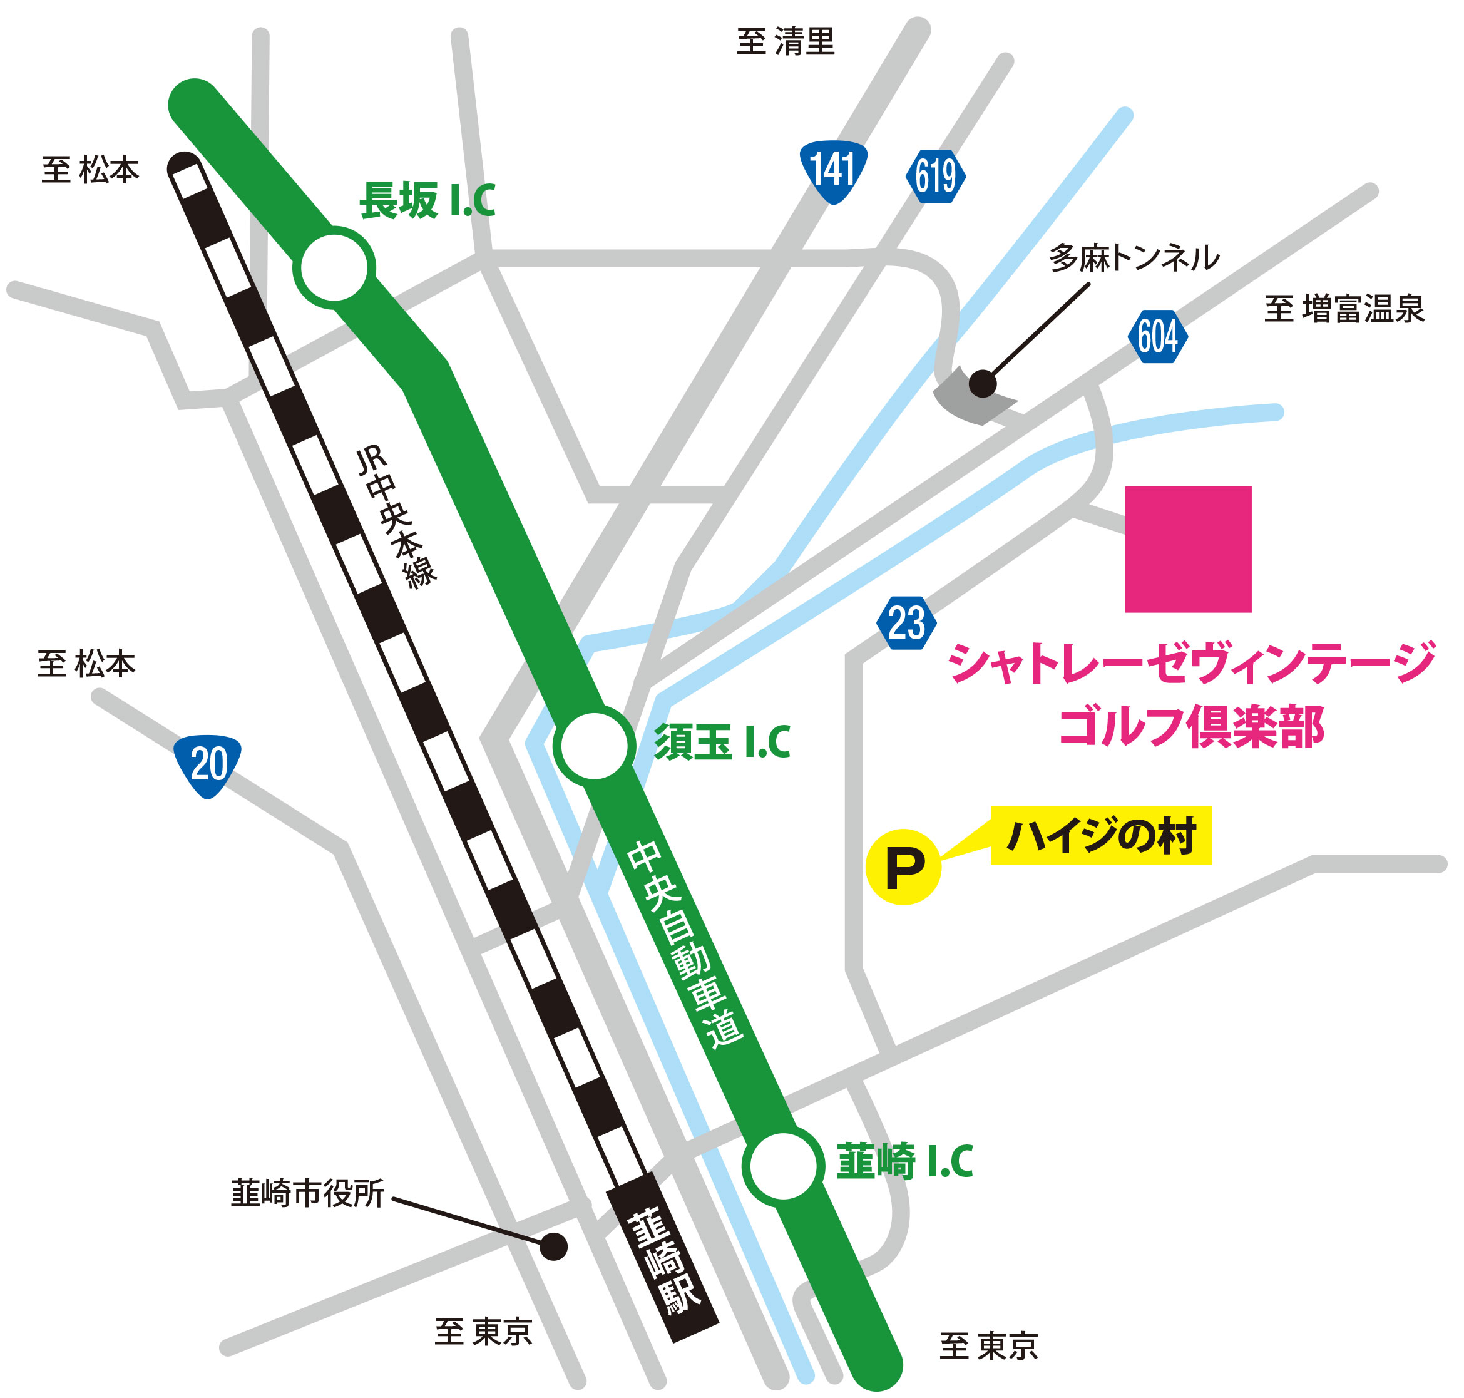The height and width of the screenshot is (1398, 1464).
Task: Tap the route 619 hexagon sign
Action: pos(935,177)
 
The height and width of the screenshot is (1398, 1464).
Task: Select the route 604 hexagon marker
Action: pos(1157,336)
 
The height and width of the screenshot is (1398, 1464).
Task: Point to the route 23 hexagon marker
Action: pos(906,622)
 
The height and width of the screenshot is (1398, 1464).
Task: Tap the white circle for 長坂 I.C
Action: pos(334,267)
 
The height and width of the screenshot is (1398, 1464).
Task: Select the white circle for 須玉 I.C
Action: pos(594,745)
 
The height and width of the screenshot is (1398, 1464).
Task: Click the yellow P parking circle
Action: pos(903,866)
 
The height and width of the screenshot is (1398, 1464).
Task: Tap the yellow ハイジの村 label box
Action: pos(1100,835)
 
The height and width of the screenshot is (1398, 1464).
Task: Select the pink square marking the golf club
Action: pos(1187,549)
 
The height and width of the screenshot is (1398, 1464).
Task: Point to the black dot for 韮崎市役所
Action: pos(553,1245)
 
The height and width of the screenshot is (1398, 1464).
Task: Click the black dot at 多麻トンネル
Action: pos(982,384)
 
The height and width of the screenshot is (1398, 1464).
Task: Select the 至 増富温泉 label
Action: pos(1344,309)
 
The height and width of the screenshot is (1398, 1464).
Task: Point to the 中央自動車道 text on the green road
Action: pos(684,945)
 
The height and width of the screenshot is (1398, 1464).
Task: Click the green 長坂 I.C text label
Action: pos(427,200)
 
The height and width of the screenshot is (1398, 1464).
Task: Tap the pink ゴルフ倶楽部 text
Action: pos(1191,727)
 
